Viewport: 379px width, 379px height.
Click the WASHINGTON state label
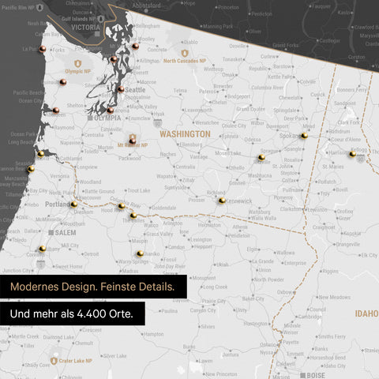coord(185,134)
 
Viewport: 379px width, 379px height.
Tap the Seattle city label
coord(135,89)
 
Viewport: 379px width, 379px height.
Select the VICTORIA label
coord(85,27)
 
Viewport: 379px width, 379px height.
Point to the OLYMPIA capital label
coord(107,118)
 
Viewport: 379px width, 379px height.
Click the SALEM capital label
coord(65,233)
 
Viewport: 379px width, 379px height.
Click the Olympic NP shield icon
coord(77,62)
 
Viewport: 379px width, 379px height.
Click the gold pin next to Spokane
coord(304,135)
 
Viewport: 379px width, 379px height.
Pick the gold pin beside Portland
coord(73,204)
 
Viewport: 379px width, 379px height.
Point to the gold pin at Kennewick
coord(222,200)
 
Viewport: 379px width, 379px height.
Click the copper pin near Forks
coord(43,49)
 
